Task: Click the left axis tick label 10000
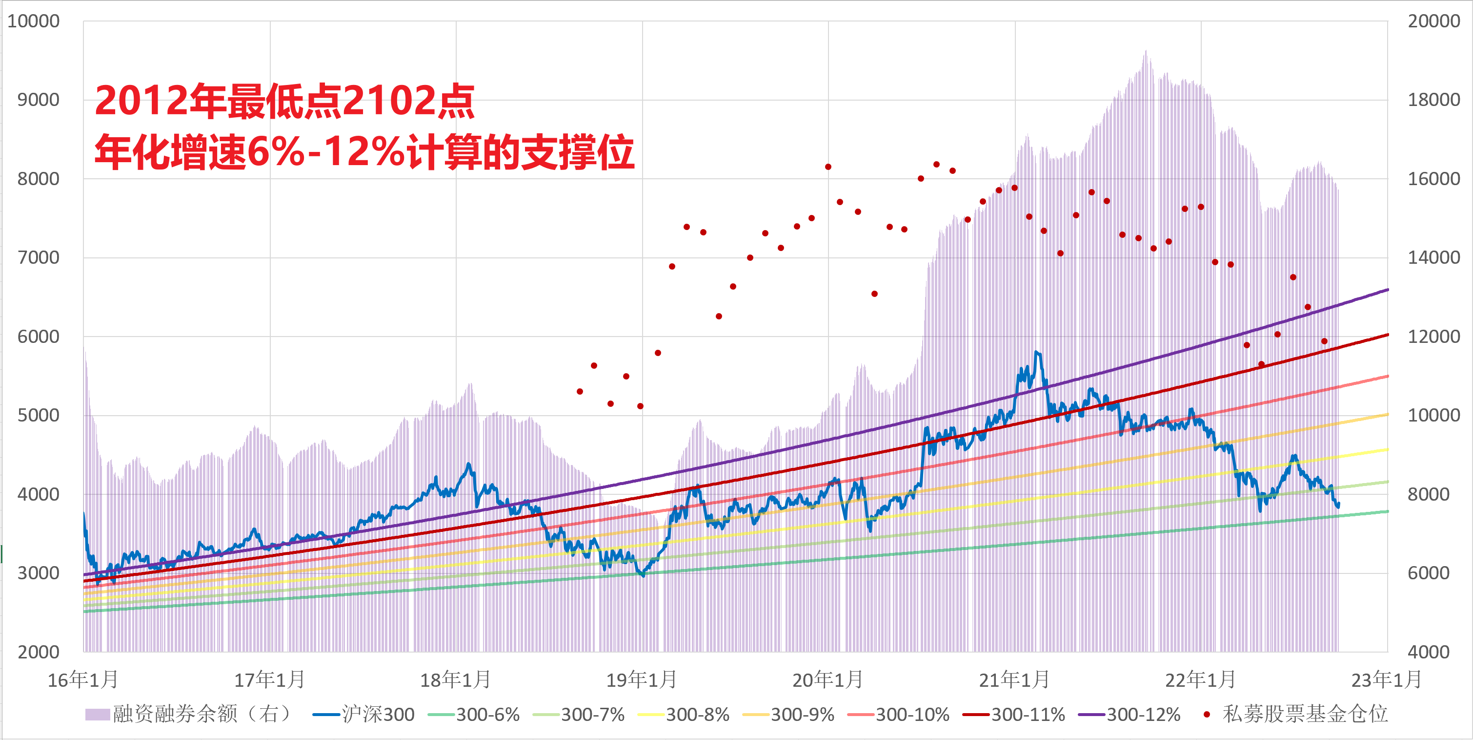(33, 21)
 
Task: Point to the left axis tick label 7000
(39, 257)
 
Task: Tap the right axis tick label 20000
(1433, 21)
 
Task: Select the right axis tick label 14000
(1433, 257)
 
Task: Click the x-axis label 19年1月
(642, 680)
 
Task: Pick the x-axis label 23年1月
(1386, 680)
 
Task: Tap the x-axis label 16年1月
(83, 680)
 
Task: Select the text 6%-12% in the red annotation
(325, 152)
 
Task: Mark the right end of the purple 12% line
(1388, 290)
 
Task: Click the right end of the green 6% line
(1388, 511)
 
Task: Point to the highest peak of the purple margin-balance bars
(1145, 51)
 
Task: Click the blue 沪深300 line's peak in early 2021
(1037, 353)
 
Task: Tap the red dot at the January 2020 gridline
(828, 167)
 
